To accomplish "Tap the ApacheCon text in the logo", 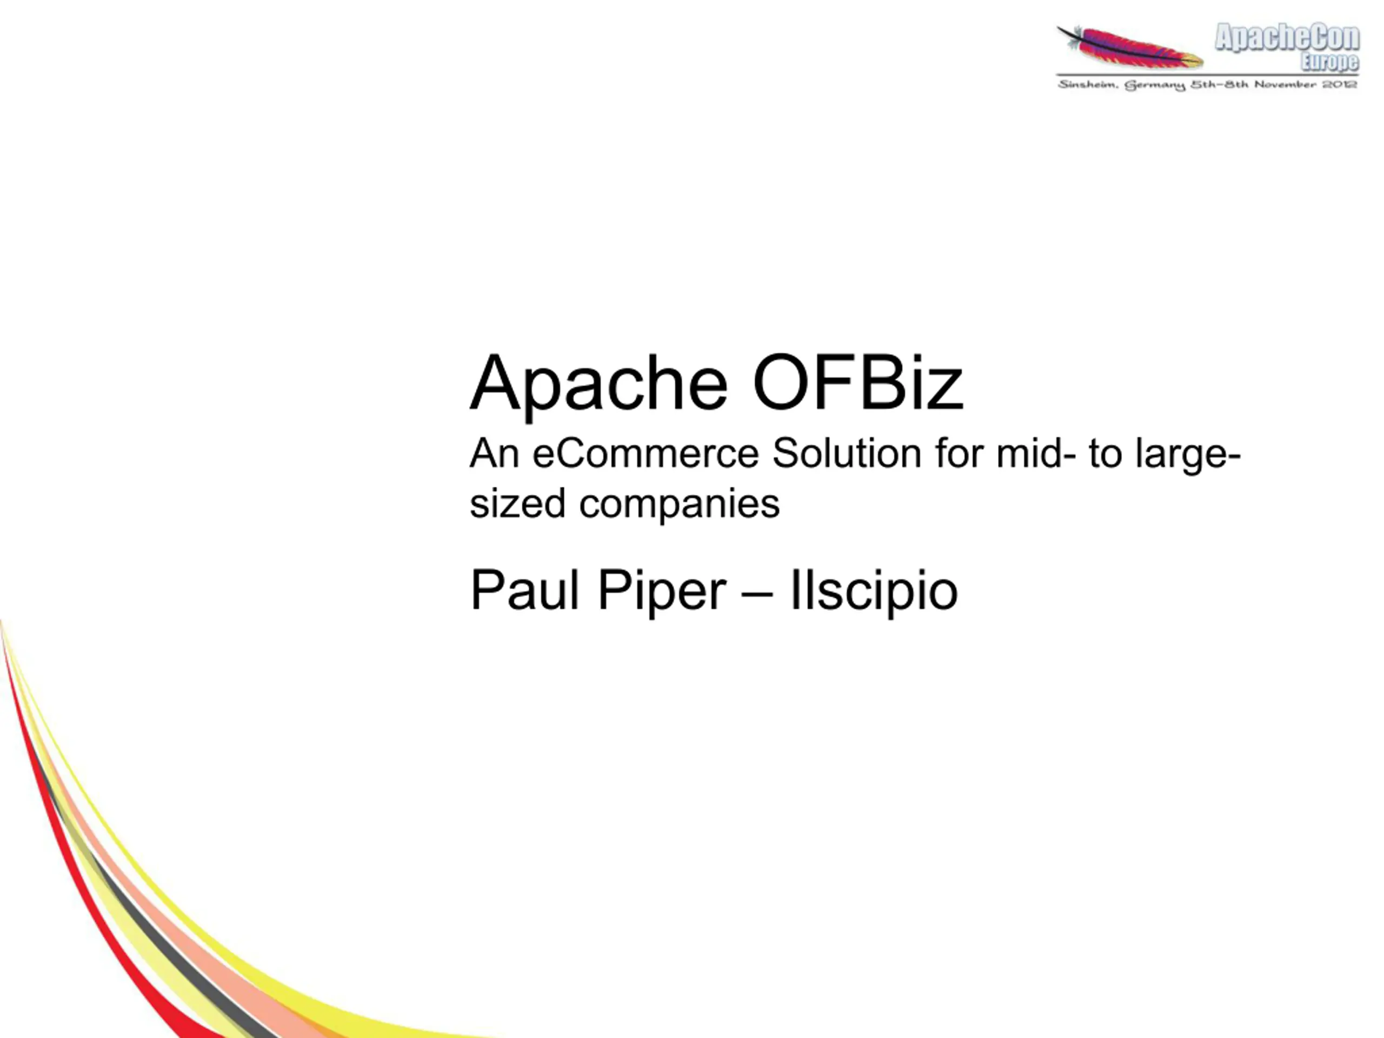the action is [x=1287, y=37].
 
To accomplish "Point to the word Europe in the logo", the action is [x=1329, y=61].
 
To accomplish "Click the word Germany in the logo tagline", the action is [x=1155, y=85].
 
